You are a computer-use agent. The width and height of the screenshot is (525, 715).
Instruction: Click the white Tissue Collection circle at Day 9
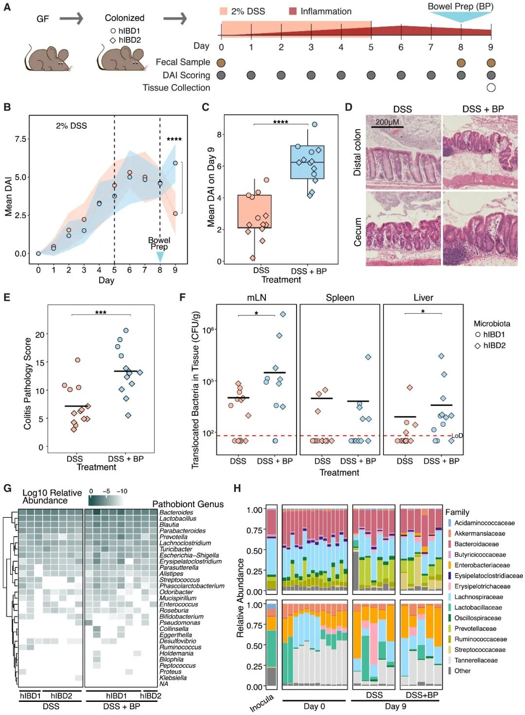[x=491, y=88]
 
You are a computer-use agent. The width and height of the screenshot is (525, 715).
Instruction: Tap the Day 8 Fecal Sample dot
[x=461, y=63]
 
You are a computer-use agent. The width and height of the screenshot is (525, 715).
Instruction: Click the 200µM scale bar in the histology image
[x=387, y=127]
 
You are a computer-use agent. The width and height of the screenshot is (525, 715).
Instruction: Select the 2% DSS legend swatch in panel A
[x=224, y=11]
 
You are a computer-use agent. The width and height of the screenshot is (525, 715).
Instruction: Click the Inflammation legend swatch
[x=293, y=11]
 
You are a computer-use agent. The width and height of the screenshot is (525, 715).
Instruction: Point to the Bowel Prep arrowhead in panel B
[x=159, y=257]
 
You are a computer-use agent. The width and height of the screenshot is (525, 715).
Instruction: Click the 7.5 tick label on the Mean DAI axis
[x=20, y=139]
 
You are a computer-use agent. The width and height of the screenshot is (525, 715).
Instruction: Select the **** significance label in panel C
[x=280, y=122]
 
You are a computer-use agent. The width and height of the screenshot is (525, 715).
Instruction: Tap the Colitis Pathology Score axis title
[x=28, y=384]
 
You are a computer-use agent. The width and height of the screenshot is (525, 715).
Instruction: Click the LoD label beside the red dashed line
[x=457, y=435]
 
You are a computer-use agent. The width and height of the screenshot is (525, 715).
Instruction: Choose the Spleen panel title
[x=340, y=298]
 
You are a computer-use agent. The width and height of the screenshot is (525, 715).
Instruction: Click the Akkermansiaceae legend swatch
[x=450, y=533]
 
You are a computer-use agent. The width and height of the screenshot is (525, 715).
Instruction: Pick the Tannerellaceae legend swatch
[x=450, y=660]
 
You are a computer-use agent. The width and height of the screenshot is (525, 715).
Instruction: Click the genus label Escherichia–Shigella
[x=189, y=555]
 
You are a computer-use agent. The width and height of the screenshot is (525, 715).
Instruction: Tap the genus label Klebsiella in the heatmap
[x=173, y=678]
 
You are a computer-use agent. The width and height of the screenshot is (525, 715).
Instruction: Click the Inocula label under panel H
[x=262, y=703]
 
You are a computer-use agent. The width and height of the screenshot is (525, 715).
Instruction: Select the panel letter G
[x=7, y=488]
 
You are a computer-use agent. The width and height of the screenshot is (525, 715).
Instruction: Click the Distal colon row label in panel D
[x=358, y=152]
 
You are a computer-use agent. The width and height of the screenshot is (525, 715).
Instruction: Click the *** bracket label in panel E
[x=101, y=312]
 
